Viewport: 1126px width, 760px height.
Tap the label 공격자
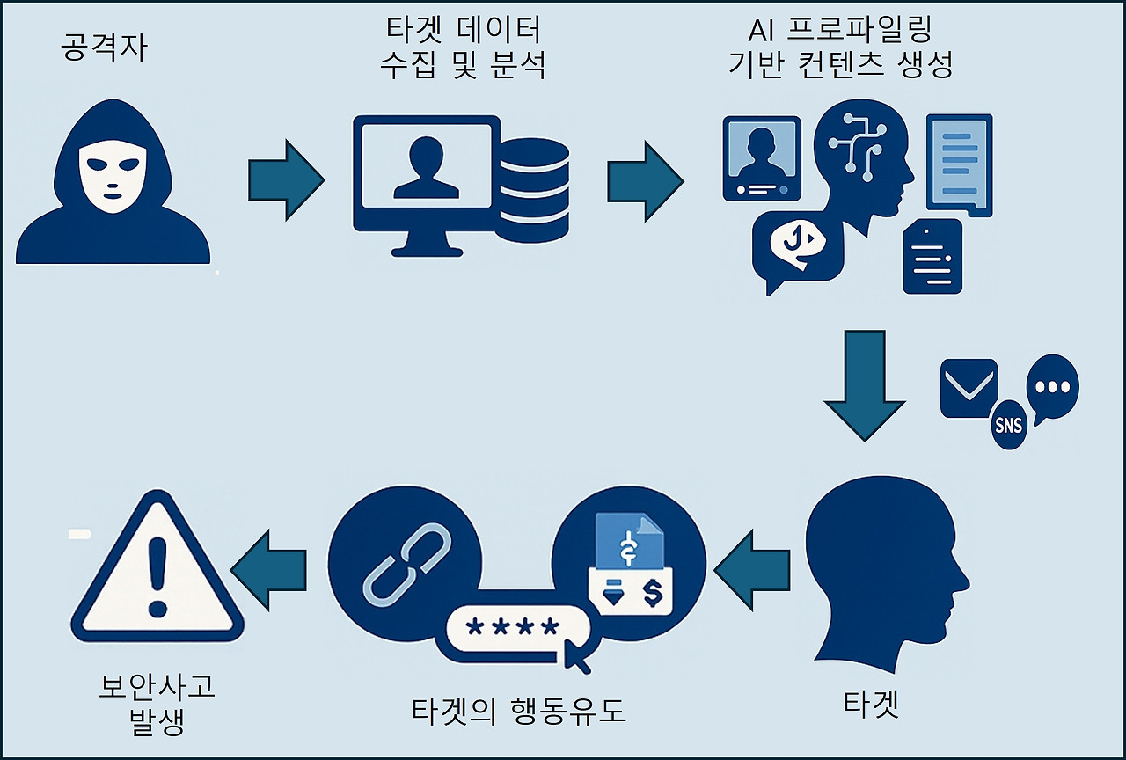click(x=104, y=48)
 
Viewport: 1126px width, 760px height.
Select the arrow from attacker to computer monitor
click(x=285, y=179)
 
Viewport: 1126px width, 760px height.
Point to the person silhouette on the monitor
click(x=425, y=167)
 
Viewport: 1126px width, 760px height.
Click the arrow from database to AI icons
click(x=644, y=179)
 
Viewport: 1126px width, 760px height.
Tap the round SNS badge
click(x=1008, y=425)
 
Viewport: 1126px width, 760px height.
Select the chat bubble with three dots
click(x=1052, y=387)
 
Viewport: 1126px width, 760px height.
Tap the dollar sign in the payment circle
click(x=653, y=592)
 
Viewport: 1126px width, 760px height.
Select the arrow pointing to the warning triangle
click(x=268, y=570)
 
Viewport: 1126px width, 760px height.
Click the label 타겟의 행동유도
click(x=519, y=711)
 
